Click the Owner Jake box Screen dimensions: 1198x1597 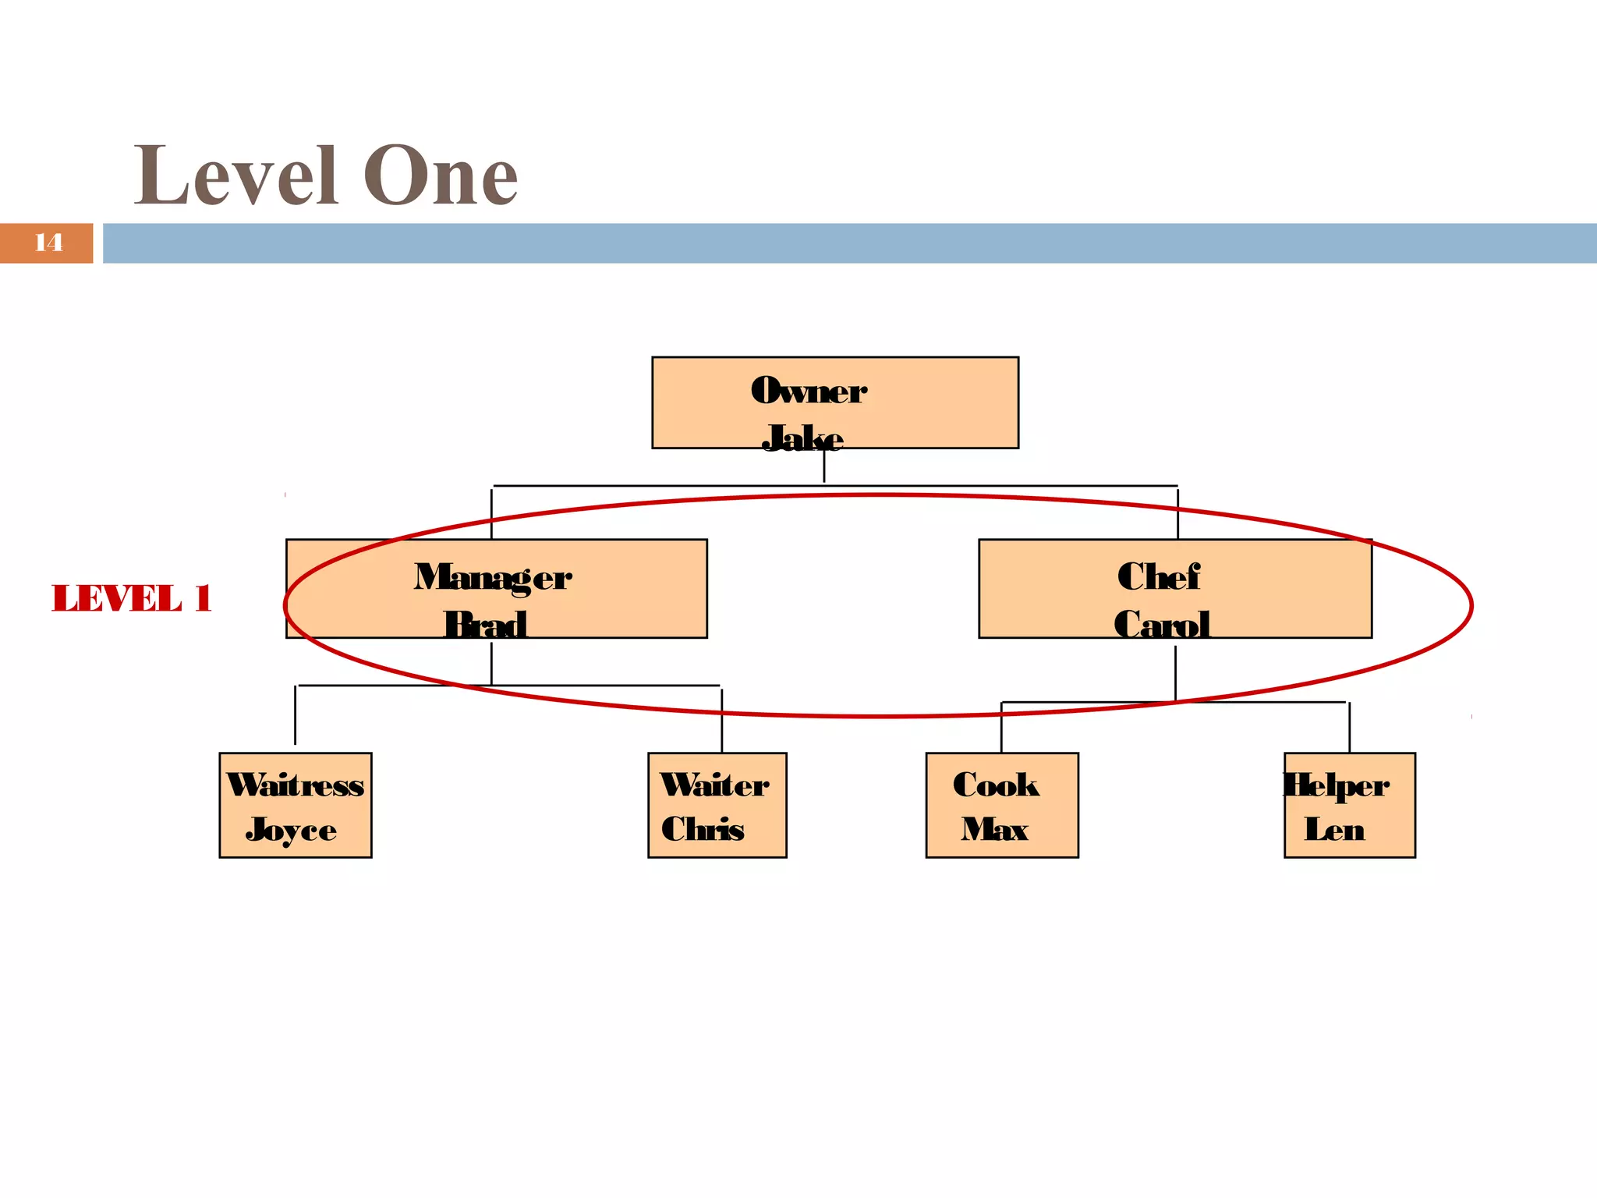coord(834,402)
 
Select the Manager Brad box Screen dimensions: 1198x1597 coord(496,588)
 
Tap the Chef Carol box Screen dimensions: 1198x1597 coord(1174,588)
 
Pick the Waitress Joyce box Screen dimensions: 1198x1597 coord(295,805)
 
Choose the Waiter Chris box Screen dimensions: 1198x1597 coord(717,805)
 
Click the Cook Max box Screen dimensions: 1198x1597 coord(1001,805)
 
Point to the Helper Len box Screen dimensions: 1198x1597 coord(1349,805)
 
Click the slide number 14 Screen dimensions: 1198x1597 coord(48,243)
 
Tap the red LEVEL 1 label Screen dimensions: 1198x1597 coord(131,598)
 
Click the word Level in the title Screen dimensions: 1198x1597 coord(235,176)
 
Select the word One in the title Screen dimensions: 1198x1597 coord(441,176)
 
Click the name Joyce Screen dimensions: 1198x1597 coord(291,831)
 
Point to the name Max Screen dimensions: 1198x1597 coord(994,829)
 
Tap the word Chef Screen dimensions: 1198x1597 coord(1159,577)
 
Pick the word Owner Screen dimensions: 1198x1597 coord(809,390)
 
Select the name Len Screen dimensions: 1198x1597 coord(1334,829)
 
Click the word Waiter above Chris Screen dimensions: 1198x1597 coord(714,785)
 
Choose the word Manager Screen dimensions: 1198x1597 coord(493,578)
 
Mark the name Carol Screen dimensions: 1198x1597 coord(1162,624)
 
